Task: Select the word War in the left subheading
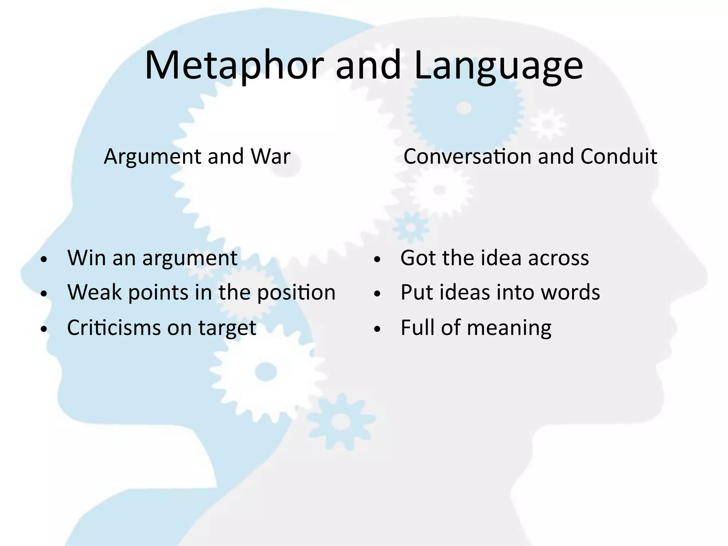(x=270, y=156)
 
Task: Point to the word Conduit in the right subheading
(x=619, y=156)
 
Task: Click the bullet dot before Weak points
(x=44, y=294)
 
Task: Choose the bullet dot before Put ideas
(x=377, y=294)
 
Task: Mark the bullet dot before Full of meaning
(x=377, y=329)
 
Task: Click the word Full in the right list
(x=418, y=327)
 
